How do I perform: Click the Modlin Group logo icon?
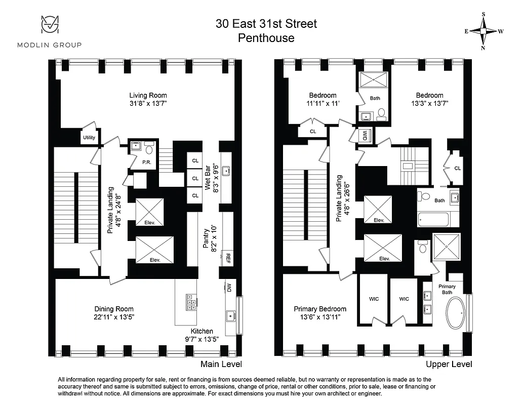pos(50,26)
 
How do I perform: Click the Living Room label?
pos(147,95)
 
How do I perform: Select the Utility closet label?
pos(89,137)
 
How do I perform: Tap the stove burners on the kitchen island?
pos(192,302)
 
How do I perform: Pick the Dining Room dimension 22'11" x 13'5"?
pos(114,317)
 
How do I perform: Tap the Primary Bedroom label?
pos(320,309)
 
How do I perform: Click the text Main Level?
pos(221,364)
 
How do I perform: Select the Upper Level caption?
pos(449,364)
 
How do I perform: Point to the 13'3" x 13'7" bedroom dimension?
pos(429,103)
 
